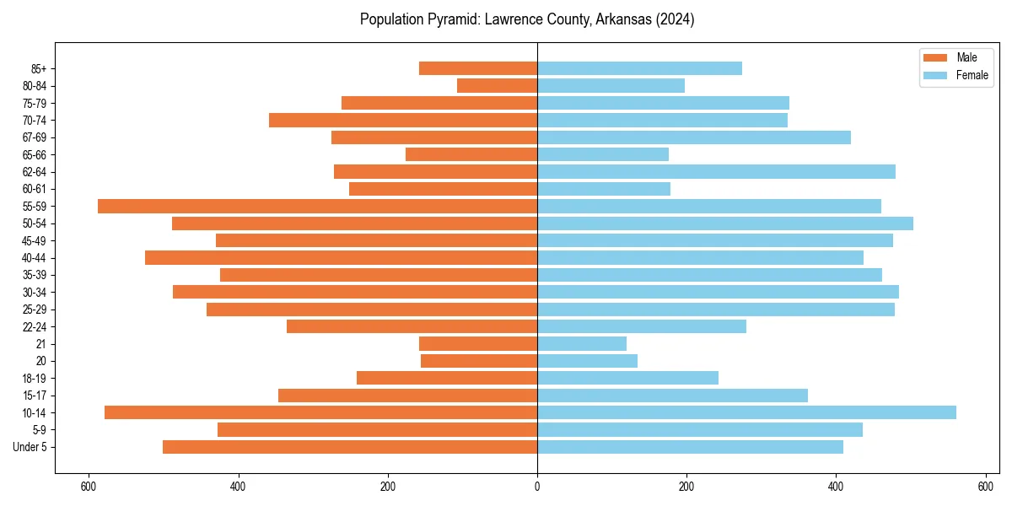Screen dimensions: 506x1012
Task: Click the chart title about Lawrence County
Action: (x=527, y=19)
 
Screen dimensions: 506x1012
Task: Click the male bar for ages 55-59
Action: (x=317, y=206)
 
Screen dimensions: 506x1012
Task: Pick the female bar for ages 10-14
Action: (x=746, y=412)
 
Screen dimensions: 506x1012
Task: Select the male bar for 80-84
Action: (x=497, y=85)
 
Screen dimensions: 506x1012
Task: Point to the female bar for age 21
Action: (x=582, y=343)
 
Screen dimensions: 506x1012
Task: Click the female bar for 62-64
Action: (x=716, y=171)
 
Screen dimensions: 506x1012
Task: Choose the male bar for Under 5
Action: (x=350, y=447)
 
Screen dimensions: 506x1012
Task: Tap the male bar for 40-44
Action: (x=341, y=257)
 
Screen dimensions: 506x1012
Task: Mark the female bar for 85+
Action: (x=639, y=68)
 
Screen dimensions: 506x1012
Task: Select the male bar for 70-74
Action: (x=403, y=120)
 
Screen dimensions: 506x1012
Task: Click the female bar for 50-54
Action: (x=725, y=223)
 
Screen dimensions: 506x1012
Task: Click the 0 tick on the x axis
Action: (x=537, y=486)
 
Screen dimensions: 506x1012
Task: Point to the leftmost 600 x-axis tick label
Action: (x=88, y=486)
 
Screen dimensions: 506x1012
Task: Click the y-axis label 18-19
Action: (x=35, y=378)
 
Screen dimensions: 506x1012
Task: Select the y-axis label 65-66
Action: (x=35, y=154)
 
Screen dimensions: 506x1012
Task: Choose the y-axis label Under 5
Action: (x=30, y=447)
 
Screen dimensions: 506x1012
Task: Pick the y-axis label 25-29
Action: (x=35, y=310)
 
